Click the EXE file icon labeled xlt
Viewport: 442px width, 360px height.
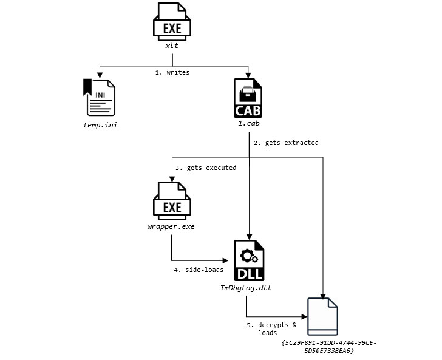(173, 23)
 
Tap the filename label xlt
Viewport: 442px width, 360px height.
(173, 47)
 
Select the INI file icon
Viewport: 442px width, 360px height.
(99, 97)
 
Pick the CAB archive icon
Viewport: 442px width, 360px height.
(248, 97)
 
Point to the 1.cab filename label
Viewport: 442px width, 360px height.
(248, 123)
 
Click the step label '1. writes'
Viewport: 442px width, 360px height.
(172, 72)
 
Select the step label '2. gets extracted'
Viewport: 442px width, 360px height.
(285, 143)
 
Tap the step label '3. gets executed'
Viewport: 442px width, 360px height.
(205, 168)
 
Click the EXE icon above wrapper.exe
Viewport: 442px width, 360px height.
(173, 202)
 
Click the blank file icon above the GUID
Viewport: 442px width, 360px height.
(322, 316)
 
